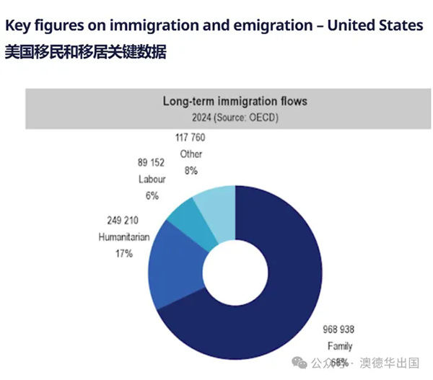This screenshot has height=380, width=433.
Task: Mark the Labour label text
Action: tap(152, 179)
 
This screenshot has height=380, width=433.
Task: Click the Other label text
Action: tap(191, 154)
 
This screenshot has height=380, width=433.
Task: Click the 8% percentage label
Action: tap(191, 171)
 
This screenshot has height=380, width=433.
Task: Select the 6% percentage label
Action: tap(152, 195)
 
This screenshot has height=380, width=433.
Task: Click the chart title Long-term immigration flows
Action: tap(235, 102)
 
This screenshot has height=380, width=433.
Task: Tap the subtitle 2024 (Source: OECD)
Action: tap(235, 118)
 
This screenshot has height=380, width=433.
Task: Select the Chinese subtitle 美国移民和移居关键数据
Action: tap(85, 53)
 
